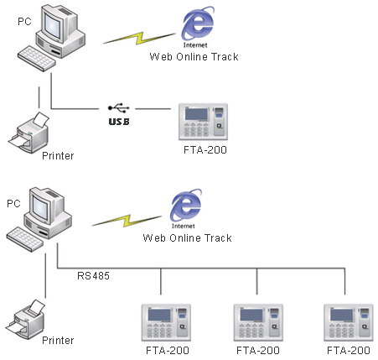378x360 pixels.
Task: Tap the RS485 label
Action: point(93,276)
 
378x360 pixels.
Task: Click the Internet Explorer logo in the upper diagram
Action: point(198,24)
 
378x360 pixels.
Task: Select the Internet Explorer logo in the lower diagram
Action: point(186,206)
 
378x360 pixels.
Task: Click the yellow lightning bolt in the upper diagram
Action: point(139,39)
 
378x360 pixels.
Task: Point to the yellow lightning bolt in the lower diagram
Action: point(127,221)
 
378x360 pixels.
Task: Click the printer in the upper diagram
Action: point(28,133)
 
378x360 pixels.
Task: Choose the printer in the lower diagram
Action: point(25,318)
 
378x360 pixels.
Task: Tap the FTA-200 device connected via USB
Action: point(203,122)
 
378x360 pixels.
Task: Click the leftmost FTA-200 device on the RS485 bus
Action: point(166,322)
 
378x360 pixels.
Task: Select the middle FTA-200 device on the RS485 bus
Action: point(258,322)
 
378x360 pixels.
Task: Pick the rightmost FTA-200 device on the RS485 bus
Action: point(349,322)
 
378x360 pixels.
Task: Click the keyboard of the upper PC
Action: point(36,59)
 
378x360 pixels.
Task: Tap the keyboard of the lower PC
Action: point(25,239)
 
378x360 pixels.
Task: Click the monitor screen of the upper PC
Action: point(52,26)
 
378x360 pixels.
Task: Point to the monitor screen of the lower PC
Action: point(40,208)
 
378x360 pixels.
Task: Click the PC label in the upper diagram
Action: point(24,22)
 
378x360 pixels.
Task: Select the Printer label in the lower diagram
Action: point(58,341)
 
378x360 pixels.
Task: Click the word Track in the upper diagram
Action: point(225,57)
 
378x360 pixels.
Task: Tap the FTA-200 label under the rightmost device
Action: point(349,350)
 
